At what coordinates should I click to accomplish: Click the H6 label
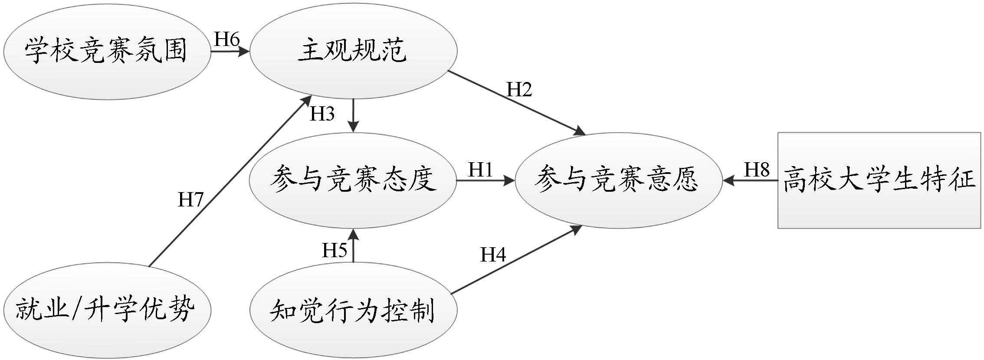click(227, 40)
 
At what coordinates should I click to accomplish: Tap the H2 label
click(519, 90)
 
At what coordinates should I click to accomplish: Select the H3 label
click(322, 114)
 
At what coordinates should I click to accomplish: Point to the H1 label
click(480, 170)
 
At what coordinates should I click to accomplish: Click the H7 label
click(190, 200)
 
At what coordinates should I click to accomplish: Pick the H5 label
click(335, 250)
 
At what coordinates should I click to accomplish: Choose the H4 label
click(493, 255)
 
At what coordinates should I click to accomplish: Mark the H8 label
click(757, 170)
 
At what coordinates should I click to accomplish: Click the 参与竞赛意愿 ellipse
click(618, 180)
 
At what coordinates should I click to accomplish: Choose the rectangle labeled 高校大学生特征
click(879, 180)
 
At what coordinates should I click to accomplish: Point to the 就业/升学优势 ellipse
click(106, 311)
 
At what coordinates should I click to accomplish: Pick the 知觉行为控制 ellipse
click(353, 311)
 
